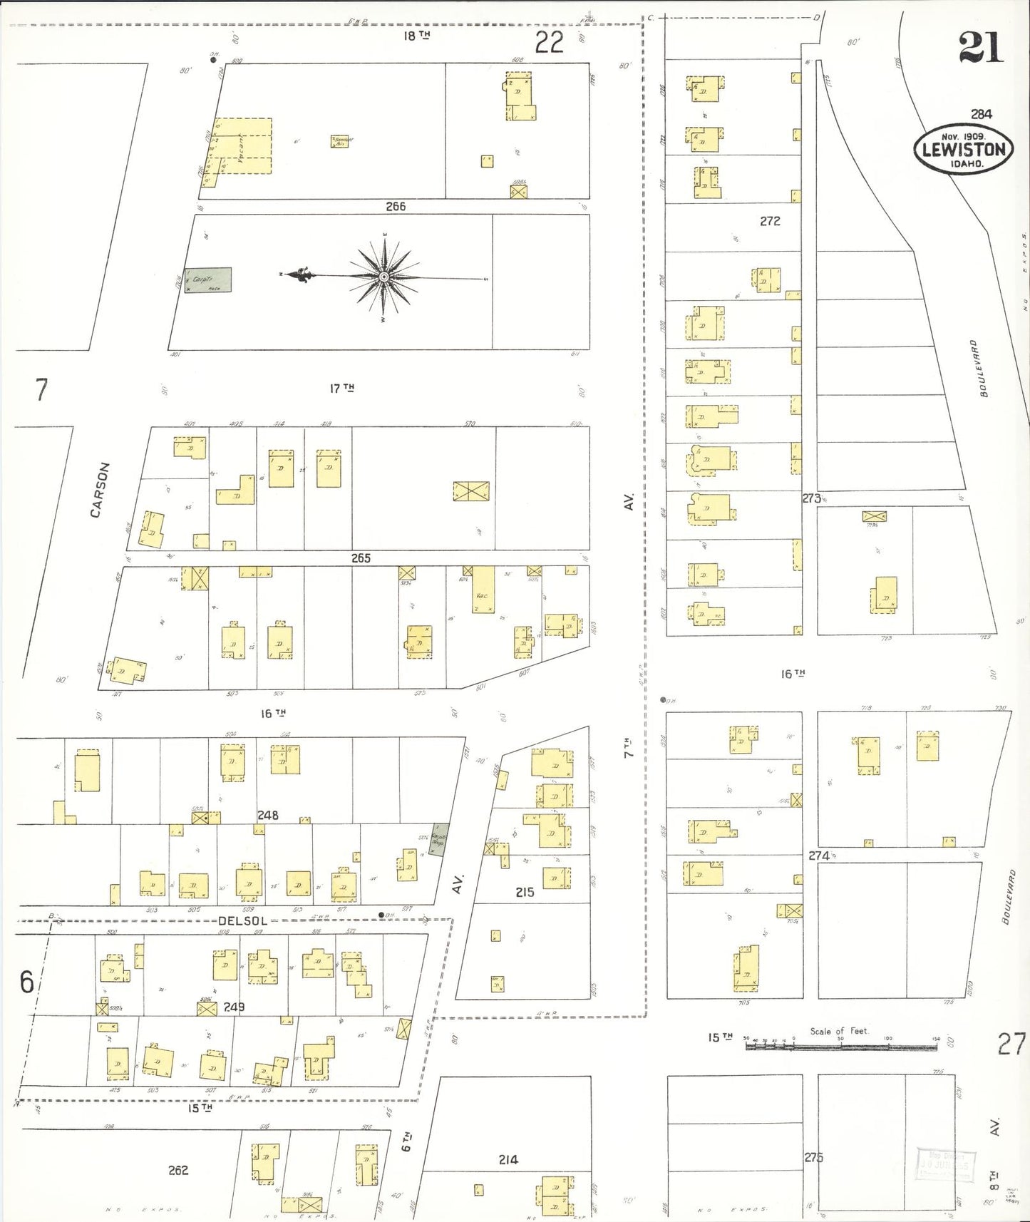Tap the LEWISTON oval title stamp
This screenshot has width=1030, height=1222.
964,150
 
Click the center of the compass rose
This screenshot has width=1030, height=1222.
384,277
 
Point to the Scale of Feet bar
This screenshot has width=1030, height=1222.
841,1047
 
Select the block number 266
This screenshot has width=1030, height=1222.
396,206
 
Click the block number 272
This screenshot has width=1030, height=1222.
770,221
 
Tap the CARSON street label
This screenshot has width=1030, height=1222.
101,490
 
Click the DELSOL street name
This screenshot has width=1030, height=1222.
242,920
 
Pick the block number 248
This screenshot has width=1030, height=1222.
268,815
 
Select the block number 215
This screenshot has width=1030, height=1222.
525,892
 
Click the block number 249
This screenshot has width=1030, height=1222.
234,1007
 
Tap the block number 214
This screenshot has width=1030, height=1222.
508,1160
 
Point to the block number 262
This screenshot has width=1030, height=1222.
178,1170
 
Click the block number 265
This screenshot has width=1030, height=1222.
361,558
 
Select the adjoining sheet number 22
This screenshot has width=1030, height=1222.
549,43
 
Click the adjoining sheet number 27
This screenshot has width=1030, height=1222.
1011,1044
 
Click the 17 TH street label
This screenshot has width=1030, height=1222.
341,388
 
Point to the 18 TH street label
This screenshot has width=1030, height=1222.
417,35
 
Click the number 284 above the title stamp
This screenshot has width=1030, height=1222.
981,113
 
